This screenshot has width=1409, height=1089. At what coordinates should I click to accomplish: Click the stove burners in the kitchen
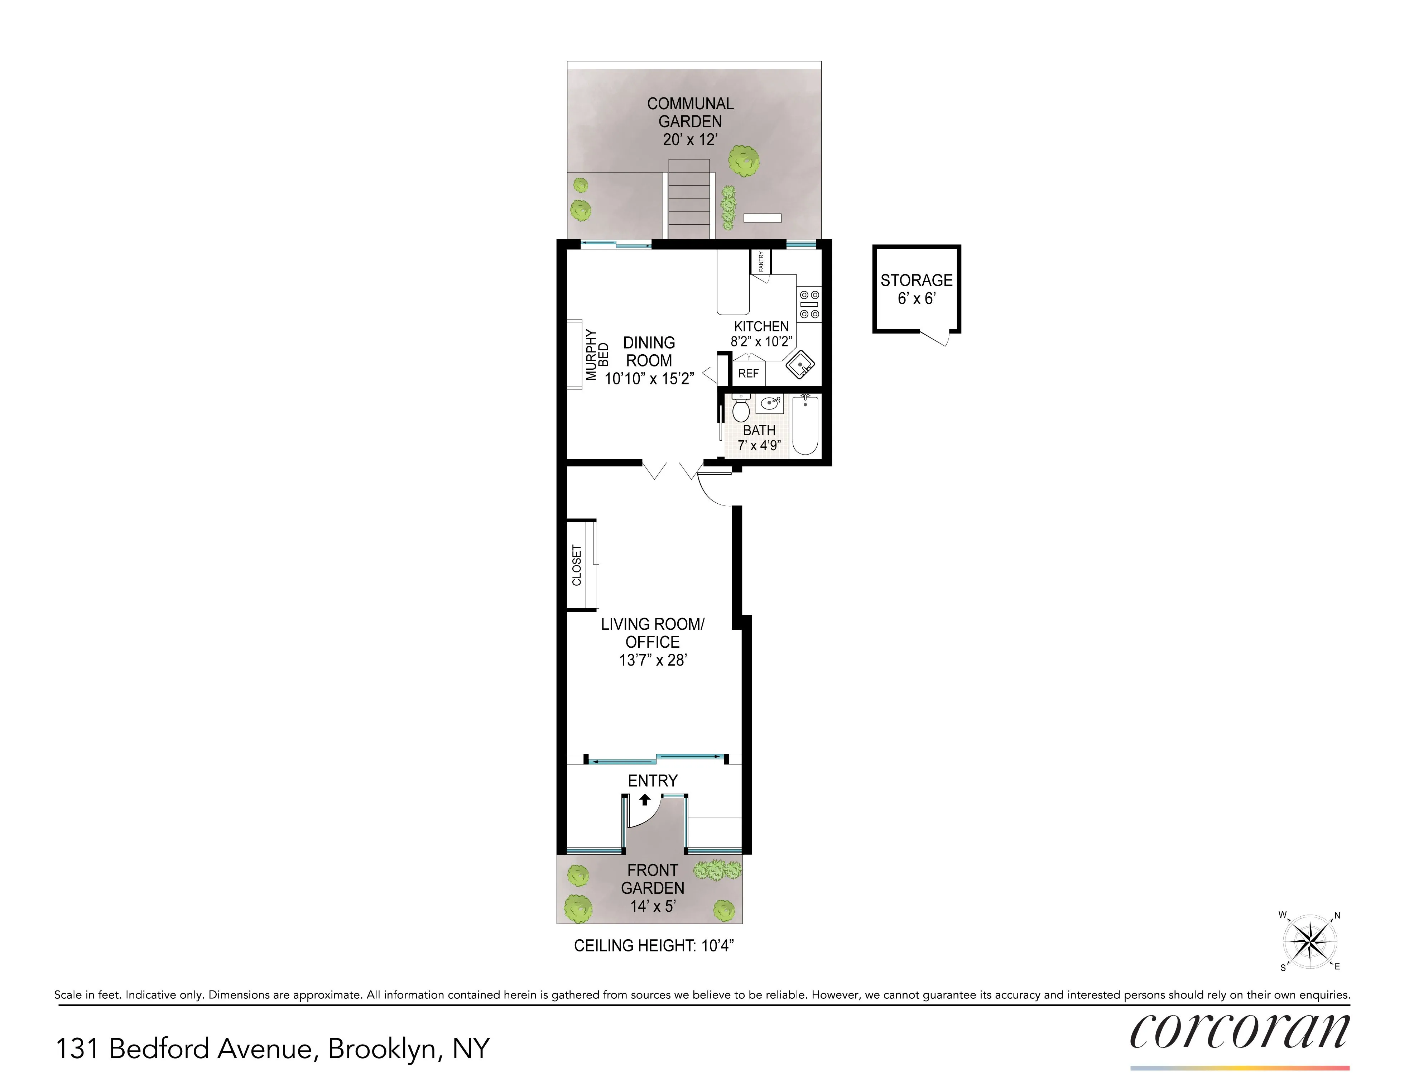pos(809,304)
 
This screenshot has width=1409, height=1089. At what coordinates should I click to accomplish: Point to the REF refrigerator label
pos(748,374)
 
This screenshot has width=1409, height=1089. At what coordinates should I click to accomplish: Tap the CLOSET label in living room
pos(577,565)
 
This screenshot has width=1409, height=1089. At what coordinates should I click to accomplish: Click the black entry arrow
pos(644,799)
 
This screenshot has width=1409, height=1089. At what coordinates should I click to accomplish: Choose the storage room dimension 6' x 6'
pos(916,299)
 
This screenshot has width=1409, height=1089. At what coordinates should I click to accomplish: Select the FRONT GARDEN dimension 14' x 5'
pos(652,906)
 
